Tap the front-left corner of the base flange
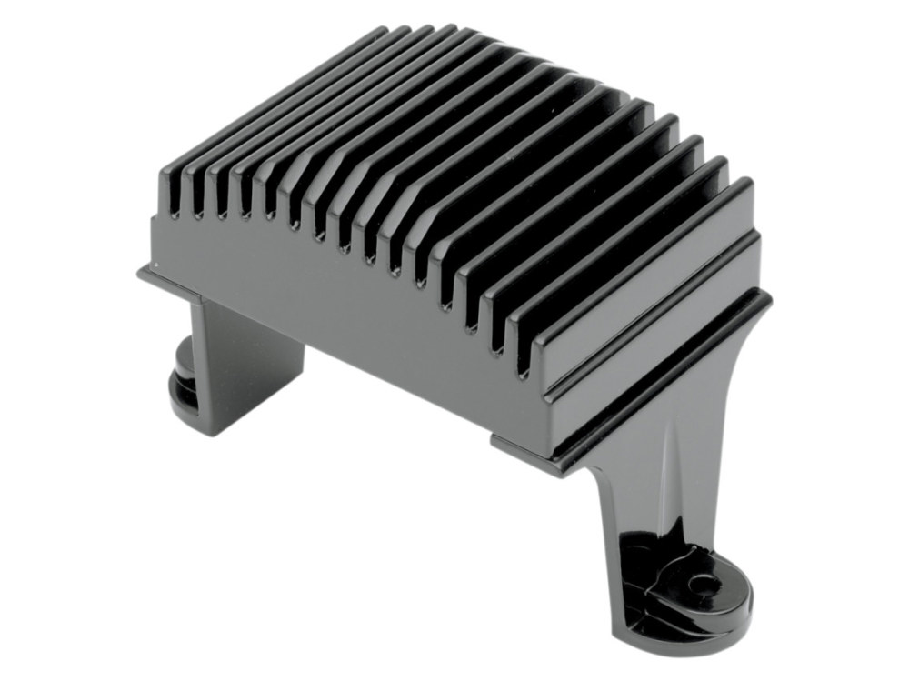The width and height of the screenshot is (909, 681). click(143, 271)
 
